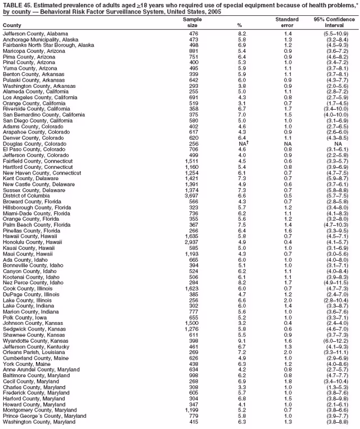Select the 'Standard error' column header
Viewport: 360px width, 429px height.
(x=287, y=22)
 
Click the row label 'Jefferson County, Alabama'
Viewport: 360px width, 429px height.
(x=35, y=34)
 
